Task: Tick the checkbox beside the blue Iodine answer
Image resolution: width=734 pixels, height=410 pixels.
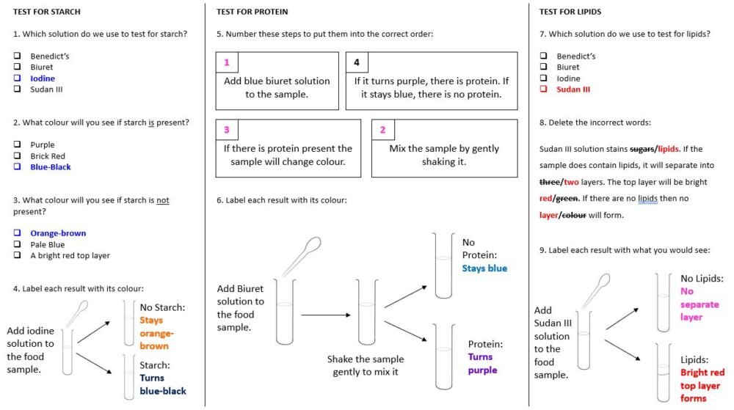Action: [17, 78]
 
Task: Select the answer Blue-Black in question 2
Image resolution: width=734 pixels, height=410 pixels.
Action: [50, 167]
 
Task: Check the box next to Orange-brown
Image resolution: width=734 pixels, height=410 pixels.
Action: [17, 233]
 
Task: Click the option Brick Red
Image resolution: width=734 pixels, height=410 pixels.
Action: [47, 156]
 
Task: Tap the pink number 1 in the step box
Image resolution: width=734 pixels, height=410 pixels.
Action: [227, 63]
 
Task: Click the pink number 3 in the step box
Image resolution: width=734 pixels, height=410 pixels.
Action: [227, 130]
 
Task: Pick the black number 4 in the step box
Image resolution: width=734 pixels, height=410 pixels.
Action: [357, 63]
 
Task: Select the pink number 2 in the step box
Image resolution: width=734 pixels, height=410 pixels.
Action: [382, 130]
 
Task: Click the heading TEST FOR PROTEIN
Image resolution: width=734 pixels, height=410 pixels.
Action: [252, 12]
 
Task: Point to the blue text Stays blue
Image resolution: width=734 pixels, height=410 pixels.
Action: [484, 268]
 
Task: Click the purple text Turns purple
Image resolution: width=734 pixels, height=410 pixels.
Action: [481, 363]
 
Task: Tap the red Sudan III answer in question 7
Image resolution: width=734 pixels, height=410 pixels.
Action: [573, 89]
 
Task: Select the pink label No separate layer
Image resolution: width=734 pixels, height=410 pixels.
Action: [699, 304]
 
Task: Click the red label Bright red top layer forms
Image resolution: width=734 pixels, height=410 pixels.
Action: [702, 385]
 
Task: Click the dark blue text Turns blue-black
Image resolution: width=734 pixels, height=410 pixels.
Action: [162, 385]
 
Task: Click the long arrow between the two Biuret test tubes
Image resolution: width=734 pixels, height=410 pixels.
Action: [326, 315]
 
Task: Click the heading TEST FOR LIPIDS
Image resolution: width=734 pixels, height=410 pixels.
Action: [570, 12]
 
